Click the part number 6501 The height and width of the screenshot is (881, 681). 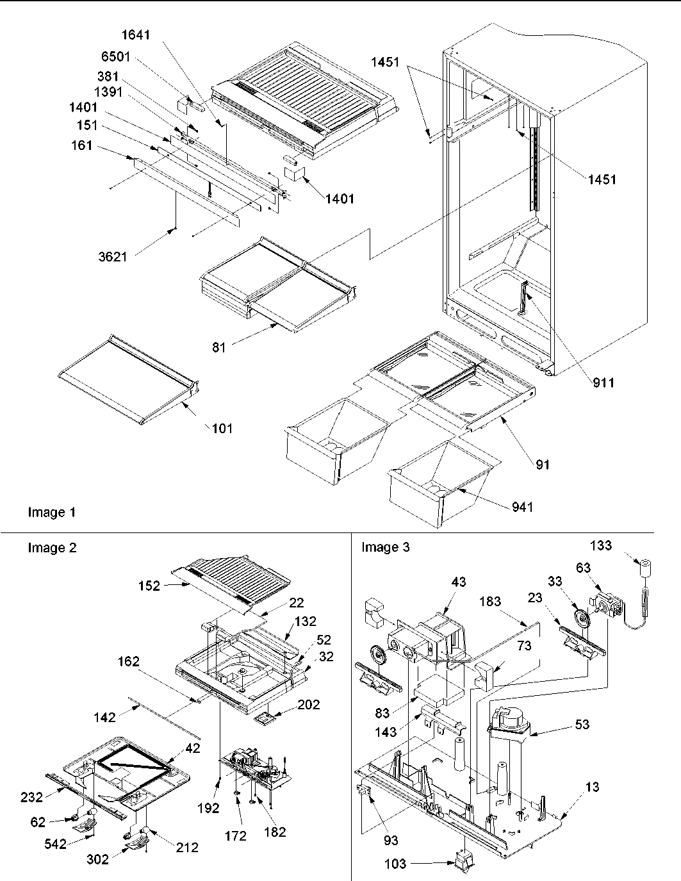[115, 57]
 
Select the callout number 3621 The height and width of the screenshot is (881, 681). [113, 257]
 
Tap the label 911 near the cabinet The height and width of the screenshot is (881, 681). [602, 383]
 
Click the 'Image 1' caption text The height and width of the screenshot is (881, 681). [51, 512]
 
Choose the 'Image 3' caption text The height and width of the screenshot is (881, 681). [386, 547]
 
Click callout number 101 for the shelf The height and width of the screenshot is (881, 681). [222, 428]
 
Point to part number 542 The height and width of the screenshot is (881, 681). [56, 844]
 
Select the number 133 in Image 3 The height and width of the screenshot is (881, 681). [600, 545]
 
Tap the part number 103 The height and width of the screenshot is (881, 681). [395, 864]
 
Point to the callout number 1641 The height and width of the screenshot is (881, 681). [136, 35]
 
